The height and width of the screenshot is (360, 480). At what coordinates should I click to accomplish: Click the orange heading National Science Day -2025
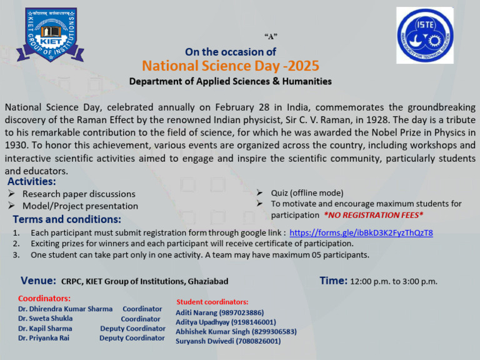tap(230, 66)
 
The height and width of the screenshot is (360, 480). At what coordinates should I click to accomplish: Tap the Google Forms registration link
tap(361, 232)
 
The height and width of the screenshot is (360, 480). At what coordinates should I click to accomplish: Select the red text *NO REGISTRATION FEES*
tap(373, 215)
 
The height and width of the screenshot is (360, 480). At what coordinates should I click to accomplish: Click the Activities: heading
tap(32, 182)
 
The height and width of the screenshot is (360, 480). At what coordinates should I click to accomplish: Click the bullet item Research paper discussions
tap(79, 194)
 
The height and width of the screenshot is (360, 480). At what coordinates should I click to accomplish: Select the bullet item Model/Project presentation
tap(80, 206)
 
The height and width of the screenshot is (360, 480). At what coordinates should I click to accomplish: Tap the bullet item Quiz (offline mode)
tap(307, 192)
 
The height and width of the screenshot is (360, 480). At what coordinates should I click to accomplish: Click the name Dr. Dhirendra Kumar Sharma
tap(65, 309)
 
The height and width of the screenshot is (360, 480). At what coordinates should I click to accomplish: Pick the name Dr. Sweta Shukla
tap(45, 318)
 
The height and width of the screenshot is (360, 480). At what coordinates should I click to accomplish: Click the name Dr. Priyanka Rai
tap(44, 337)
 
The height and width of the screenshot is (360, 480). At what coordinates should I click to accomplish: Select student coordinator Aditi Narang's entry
tap(219, 312)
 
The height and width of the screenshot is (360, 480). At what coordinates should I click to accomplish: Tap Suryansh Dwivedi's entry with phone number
tap(228, 341)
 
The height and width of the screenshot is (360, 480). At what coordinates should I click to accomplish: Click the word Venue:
tap(39, 281)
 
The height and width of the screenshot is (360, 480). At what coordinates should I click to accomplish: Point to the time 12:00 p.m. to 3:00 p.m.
tap(394, 282)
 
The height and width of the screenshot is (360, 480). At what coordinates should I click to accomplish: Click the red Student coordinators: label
tap(212, 302)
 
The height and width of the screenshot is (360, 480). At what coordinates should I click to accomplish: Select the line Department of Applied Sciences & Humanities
tap(230, 81)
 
